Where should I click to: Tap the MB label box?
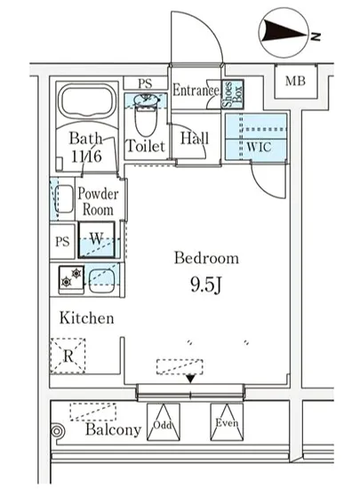[295, 81]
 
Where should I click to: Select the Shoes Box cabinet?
[232, 94]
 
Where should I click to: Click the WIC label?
[259, 147]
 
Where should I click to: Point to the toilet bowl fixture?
[146, 116]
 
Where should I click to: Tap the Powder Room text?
[98, 202]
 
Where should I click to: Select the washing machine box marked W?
[96, 240]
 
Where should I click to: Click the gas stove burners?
[71, 278]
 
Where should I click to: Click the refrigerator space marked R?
[68, 356]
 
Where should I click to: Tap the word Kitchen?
[86, 318]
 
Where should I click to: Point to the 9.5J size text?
[206, 285]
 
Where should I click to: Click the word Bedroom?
[206, 258]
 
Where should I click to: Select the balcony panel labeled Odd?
[164, 422]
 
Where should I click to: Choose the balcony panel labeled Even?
[227, 422]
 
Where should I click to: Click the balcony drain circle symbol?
[57, 432]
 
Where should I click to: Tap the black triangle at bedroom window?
[190, 379]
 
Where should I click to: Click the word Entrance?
[196, 91]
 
